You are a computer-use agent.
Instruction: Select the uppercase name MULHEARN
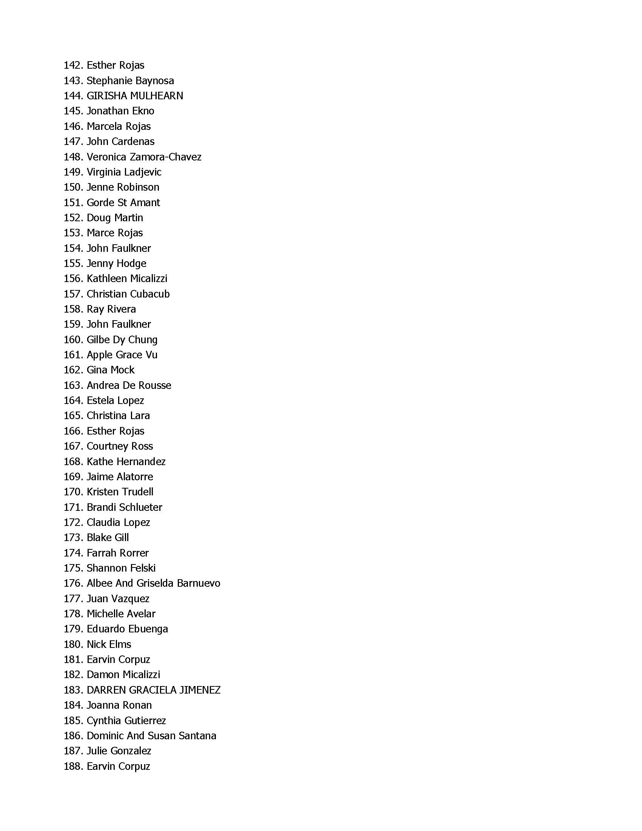coord(156,96)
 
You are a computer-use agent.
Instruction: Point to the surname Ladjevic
coord(143,172)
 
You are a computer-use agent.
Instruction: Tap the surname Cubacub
coord(149,294)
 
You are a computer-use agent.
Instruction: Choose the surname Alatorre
coord(135,477)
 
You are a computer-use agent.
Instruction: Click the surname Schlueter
coord(140,507)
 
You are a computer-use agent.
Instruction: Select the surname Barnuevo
coord(199,583)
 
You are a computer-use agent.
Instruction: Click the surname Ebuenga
coord(148,629)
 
